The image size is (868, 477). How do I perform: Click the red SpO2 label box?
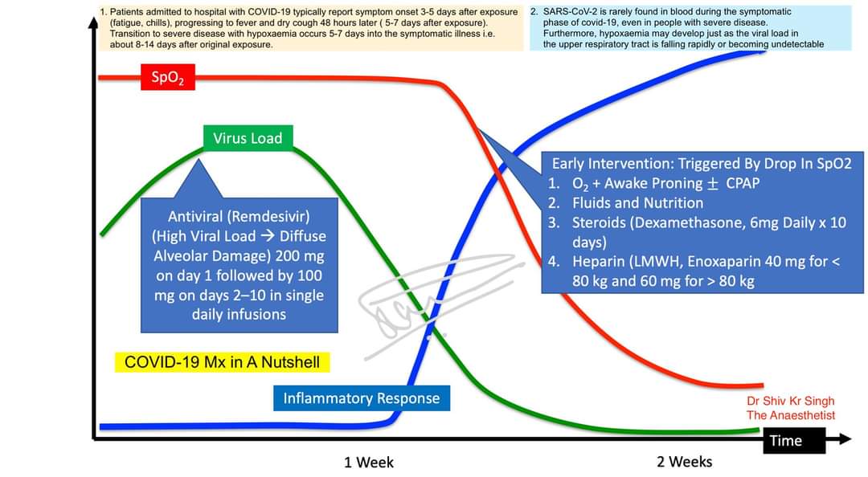point(167,78)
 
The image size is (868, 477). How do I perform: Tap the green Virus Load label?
point(248,138)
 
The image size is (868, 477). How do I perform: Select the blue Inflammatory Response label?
point(362,398)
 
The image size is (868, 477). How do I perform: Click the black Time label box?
point(785,440)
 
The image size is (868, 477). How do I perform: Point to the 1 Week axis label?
point(369,462)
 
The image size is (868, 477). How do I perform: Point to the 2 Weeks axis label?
point(684,462)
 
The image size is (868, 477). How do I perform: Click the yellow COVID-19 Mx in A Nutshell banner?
point(223,362)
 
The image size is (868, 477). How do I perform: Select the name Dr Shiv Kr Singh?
point(790,401)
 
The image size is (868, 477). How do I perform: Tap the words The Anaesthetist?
point(790,415)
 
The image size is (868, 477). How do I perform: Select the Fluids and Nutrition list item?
point(637,203)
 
